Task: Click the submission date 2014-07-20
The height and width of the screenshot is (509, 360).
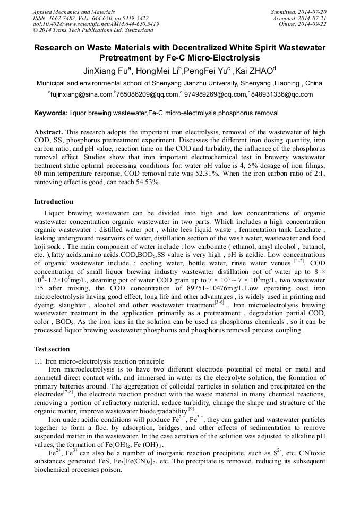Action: point(312,12)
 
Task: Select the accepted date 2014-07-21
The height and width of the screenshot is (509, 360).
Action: point(312,18)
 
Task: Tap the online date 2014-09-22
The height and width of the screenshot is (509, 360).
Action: point(312,24)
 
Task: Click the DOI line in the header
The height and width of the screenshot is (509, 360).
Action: point(96,24)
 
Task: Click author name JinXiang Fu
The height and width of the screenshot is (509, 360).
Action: point(107,71)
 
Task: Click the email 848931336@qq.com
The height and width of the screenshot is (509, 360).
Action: point(285,94)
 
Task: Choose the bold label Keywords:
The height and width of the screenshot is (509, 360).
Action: point(51,113)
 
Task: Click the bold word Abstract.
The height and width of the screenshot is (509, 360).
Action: point(49,131)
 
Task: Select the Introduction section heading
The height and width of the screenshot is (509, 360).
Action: point(54,202)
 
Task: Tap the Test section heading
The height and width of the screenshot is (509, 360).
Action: point(52,349)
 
